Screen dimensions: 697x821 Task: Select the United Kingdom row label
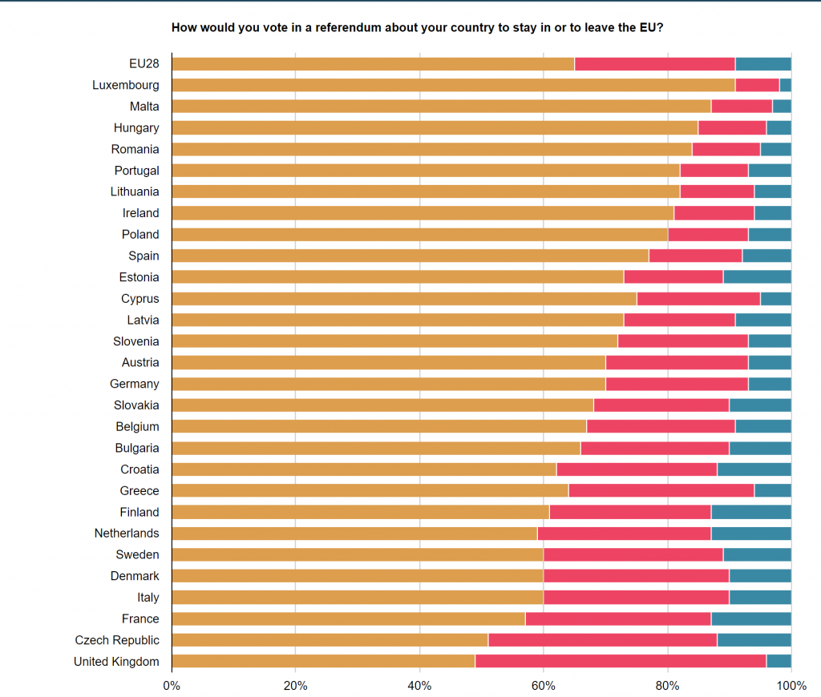[116, 662]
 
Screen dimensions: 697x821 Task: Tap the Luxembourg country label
[126, 85]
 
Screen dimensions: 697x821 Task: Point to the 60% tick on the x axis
[544, 686]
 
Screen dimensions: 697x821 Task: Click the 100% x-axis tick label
[791, 686]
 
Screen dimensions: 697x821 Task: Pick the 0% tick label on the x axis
[172, 686]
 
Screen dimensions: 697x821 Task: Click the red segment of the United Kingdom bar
[621, 662]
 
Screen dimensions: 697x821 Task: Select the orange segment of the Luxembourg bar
[453, 85]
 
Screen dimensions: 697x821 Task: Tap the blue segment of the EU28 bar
[763, 64]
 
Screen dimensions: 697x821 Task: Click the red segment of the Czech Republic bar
[602, 640]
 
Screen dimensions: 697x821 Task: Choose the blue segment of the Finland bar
[751, 512]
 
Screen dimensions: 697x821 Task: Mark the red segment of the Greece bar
[661, 490]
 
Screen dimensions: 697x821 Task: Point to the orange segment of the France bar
[349, 618]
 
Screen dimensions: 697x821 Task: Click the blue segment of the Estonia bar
[757, 277]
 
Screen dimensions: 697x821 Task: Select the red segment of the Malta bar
[742, 107]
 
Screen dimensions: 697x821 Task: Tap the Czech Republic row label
[117, 640]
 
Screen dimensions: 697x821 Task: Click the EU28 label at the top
[144, 64]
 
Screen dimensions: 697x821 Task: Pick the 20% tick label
[296, 686]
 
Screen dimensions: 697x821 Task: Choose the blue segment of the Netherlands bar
[751, 534]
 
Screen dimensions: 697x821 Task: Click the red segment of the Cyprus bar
[698, 299]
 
